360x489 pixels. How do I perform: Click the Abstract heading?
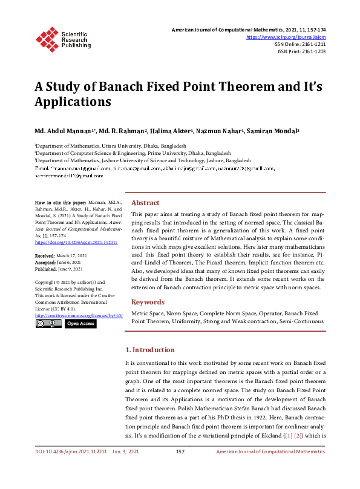pyautogui.click(x=145, y=203)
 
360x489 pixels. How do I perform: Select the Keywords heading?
pyautogui.click(x=148, y=302)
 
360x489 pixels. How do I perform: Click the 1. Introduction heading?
pyautogui.click(x=149, y=350)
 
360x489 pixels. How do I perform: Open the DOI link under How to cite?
pyautogui.click(x=67, y=241)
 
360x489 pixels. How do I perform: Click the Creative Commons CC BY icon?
pyautogui.click(x=48, y=324)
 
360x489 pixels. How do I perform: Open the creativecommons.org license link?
pyautogui.click(x=79, y=316)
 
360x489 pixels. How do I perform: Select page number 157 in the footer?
pyautogui.click(x=180, y=468)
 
